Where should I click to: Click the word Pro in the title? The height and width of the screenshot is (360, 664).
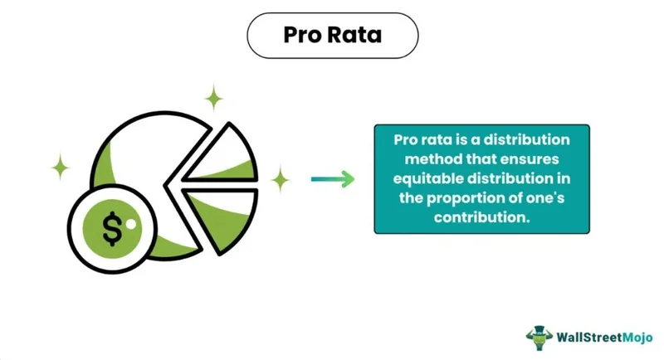pos(302,35)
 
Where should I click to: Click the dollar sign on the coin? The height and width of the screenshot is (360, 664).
pos(112,229)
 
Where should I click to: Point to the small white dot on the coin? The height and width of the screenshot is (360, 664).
pos(131,224)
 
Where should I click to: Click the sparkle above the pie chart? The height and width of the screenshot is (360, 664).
pos(214,98)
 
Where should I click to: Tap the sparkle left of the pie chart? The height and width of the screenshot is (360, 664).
pos(60,167)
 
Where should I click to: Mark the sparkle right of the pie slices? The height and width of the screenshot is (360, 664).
pos(280,179)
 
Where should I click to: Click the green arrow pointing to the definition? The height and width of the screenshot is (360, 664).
pos(333,179)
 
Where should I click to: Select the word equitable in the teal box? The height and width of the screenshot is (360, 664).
pos(428,179)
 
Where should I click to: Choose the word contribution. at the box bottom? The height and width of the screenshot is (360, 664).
pos(482,217)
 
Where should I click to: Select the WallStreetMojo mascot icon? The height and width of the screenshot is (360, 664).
pos(539,338)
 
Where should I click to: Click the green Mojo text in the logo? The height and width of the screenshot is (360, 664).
pos(637,338)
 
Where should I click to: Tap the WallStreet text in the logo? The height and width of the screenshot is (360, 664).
pos(589,337)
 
